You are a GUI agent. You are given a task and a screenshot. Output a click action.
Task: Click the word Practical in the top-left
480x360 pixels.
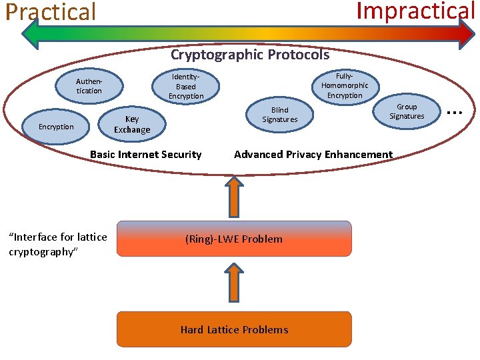51,12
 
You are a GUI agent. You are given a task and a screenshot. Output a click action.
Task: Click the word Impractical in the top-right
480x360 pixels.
415,11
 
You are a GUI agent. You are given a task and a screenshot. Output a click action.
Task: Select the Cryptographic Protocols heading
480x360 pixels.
250,55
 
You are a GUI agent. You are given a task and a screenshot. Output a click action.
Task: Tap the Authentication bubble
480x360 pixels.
89,86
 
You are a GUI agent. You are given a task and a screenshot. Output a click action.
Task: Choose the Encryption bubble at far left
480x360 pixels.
56,127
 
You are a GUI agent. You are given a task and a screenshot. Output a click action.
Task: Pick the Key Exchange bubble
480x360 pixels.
132,124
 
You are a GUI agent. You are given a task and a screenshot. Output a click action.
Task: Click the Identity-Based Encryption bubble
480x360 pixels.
186,87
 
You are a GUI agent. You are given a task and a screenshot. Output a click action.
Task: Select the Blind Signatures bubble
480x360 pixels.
280,115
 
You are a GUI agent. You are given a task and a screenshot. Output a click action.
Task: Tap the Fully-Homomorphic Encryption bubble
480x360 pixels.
345,85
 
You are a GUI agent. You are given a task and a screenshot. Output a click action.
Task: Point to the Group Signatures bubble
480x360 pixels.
407,111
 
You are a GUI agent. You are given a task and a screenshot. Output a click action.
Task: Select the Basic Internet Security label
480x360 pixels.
145,155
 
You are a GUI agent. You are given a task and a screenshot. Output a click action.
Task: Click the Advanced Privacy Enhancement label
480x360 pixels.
313,155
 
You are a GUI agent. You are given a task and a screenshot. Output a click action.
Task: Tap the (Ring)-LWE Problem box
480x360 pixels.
234,239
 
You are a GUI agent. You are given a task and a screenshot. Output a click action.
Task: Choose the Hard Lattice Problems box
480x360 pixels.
234,329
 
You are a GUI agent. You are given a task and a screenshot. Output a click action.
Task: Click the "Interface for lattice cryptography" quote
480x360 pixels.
57,244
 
